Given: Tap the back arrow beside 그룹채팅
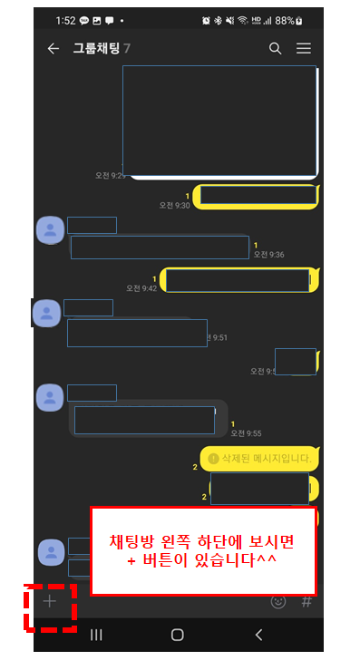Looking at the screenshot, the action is [53, 49].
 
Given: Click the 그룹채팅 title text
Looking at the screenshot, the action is [96, 48].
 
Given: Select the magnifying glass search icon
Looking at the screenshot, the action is [276, 49].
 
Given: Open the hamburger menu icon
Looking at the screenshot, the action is [304, 48].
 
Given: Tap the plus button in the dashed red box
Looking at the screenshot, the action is [50, 601].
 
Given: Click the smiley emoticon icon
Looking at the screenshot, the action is [278, 602].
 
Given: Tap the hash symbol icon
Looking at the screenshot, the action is [306, 602].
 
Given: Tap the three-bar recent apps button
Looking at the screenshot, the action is [96, 635].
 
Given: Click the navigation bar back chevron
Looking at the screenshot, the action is [258, 635].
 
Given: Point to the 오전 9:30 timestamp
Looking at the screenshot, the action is [174, 206].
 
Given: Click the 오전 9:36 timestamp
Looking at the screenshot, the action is [269, 254].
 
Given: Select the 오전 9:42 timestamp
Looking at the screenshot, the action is [141, 288].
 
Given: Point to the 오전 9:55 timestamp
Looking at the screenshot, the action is [247, 433].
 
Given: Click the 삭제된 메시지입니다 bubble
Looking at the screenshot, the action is [260, 459].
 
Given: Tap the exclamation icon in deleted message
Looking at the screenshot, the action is [213, 459].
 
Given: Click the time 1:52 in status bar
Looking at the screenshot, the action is [65, 21].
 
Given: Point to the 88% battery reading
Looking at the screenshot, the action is [285, 21].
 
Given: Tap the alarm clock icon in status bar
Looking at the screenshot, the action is [206, 21].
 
